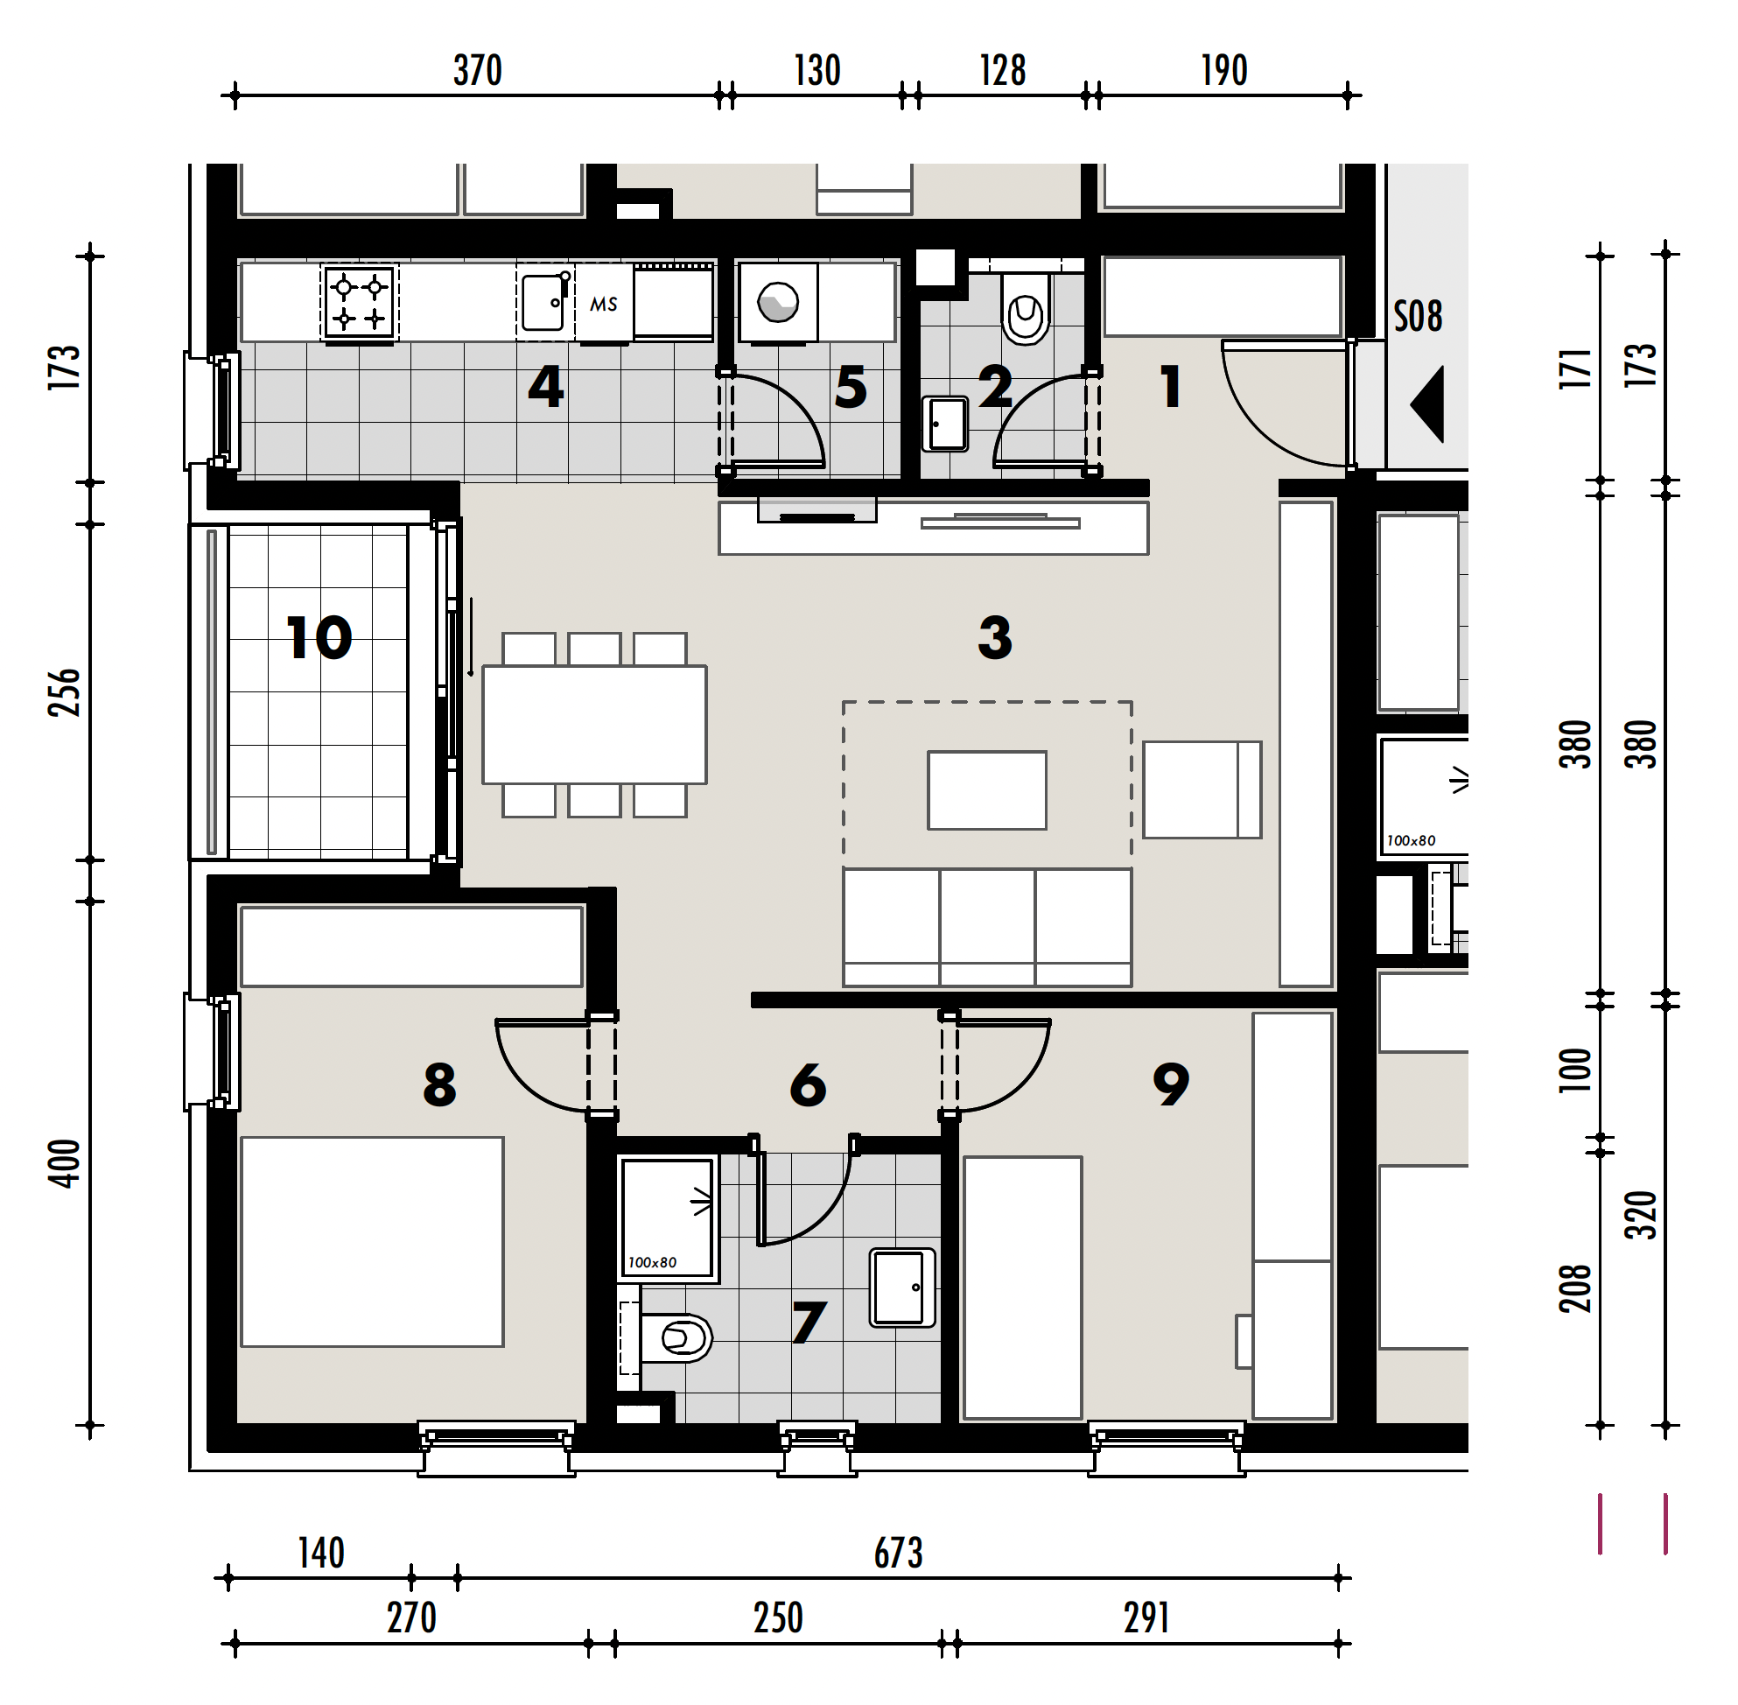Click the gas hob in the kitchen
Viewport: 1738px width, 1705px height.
coord(359,303)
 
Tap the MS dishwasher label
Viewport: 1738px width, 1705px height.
coord(604,305)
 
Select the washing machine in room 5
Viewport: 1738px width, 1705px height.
coord(777,302)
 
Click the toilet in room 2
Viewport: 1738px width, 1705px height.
coord(1026,307)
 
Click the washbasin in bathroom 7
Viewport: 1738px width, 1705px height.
coord(902,1288)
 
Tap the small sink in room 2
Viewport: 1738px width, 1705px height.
coord(945,424)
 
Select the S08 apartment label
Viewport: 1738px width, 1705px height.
coord(1418,316)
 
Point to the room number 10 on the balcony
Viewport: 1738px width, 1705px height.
coord(319,637)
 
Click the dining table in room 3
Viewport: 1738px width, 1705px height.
coord(594,725)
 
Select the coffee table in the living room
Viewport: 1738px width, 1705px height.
coord(987,789)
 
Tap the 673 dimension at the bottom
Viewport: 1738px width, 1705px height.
coord(898,1554)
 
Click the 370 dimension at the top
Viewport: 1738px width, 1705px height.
coord(477,71)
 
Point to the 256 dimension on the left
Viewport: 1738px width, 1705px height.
coord(65,692)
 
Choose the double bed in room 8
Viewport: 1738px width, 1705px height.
coord(373,1242)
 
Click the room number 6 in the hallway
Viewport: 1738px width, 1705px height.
coord(808,1084)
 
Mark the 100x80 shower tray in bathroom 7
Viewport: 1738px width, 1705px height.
coord(668,1217)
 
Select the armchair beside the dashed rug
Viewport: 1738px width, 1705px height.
coord(1202,789)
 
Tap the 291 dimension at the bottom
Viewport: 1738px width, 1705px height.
coord(1146,1618)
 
